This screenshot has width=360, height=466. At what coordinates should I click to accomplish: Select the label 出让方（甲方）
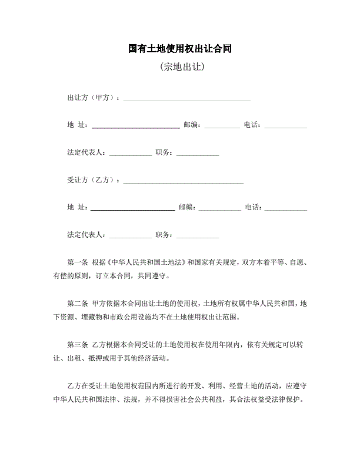(x=93, y=98)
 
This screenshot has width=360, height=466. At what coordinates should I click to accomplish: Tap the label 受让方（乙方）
(x=93, y=180)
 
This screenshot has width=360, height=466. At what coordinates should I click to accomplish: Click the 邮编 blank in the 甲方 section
(x=222, y=127)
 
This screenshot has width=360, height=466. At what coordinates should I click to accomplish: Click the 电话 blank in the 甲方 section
(x=286, y=127)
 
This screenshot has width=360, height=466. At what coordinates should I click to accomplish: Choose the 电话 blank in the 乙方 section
(x=286, y=209)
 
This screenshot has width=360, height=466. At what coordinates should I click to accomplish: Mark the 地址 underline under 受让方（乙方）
(x=133, y=209)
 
